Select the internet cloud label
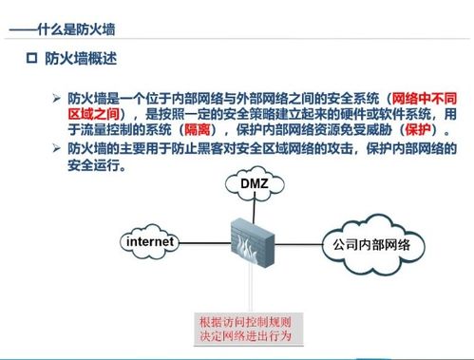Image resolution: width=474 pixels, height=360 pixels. point(151,243)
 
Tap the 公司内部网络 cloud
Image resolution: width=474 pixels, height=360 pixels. point(370,245)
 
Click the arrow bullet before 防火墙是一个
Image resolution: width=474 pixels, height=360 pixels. point(55,99)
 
